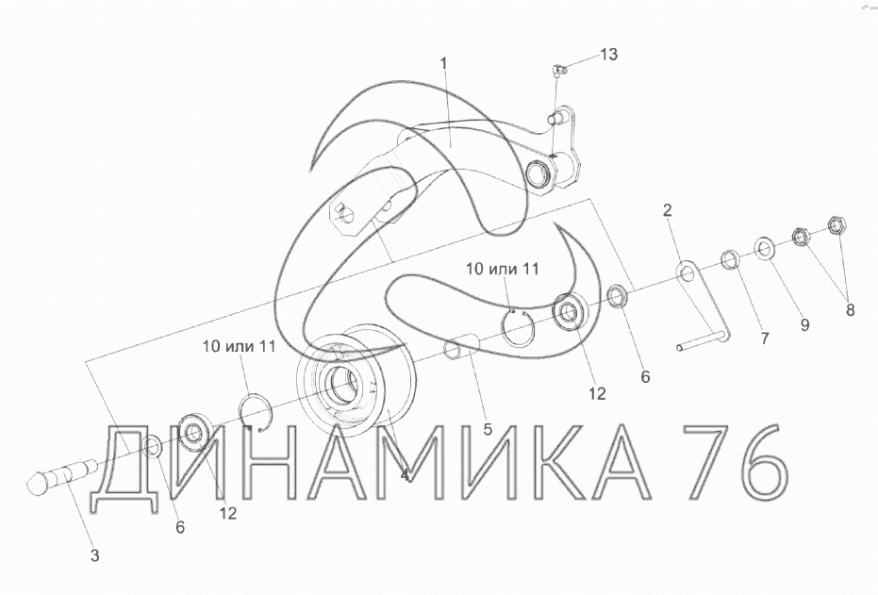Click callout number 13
608,55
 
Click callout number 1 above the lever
444,63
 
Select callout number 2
667,210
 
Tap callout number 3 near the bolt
94,555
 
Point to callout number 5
488,429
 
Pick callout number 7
764,339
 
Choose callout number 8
850,310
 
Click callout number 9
804,325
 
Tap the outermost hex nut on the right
837,224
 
